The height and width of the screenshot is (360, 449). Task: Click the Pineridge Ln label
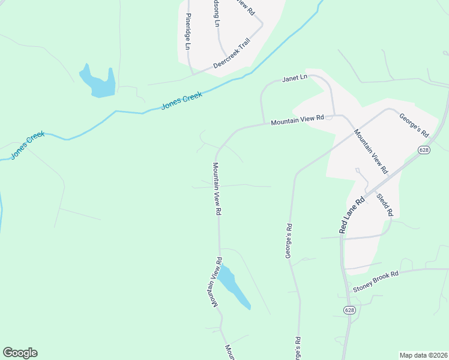tap(188, 32)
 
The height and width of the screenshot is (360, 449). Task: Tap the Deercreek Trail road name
tap(231, 55)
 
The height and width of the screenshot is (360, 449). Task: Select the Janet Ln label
tap(295, 78)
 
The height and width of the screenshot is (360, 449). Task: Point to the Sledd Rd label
tap(385, 204)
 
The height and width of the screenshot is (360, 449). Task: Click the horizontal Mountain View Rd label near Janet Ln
tap(297, 120)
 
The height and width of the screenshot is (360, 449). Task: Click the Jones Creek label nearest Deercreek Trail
tap(182, 100)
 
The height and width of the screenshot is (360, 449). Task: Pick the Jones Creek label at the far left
tap(27, 146)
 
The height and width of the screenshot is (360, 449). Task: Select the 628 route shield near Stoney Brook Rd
tap(349, 310)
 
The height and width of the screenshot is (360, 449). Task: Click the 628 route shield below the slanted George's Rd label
tap(424, 150)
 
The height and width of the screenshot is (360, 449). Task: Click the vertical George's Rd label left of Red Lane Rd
tap(289, 241)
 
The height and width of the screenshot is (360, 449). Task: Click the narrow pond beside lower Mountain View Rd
tap(233, 287)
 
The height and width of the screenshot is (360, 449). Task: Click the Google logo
tap(20, 353)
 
